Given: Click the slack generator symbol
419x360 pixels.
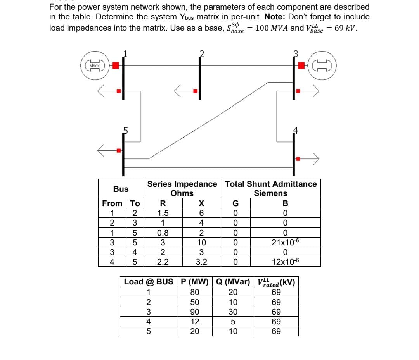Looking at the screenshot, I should tap(95, 66).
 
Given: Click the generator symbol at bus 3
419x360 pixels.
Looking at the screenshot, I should tap(324, 66).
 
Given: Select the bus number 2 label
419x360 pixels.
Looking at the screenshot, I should tap(201, 53).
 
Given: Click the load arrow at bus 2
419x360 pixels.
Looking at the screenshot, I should tap(179, 91).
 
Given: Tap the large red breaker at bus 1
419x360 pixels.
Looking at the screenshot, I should tap(115, 65).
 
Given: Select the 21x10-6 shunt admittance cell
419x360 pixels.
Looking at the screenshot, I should tap(285, 243).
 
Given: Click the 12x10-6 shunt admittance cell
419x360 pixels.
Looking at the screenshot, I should tap(285, 262).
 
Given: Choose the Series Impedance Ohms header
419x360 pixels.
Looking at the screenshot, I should tap(182, 188).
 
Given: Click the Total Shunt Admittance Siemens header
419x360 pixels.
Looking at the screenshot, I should tap(271, 188).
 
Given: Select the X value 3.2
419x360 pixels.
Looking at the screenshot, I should tap(201, 262).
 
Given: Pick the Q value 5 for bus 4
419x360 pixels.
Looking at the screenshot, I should tap(232, 322).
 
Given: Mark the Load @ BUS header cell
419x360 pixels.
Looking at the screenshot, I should tap(149, 282).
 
